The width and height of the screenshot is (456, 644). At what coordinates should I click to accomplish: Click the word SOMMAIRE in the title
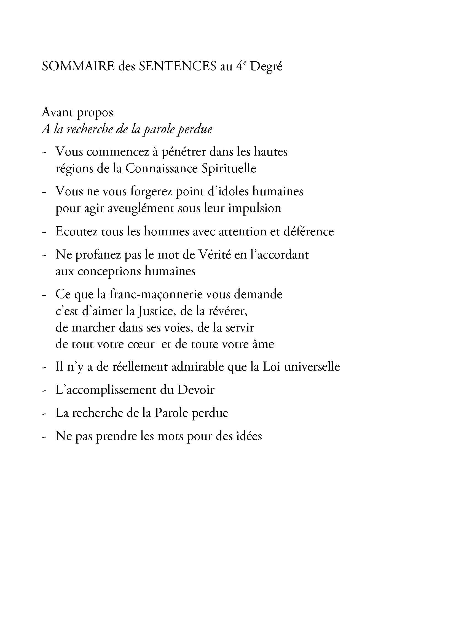[x=78, y=66]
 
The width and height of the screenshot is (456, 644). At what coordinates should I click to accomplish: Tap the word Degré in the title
[x=266, y=67]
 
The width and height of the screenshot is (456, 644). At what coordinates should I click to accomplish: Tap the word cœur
[x=143, y=344]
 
